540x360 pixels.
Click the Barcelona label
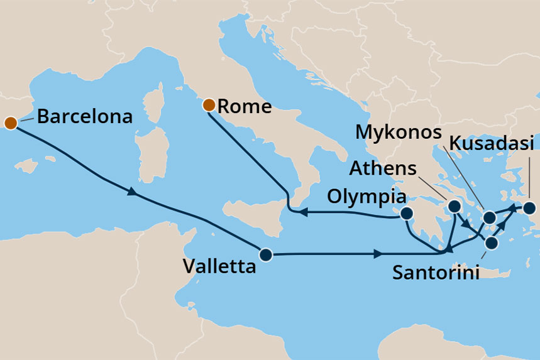pyautogui.click(x=85, y=116)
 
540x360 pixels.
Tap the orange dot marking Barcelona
pyautogui.click(x=10, y=122)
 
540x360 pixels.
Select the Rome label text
pyautogui.click(x=245, y=107)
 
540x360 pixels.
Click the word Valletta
pyautogui.click(x=219, y=266)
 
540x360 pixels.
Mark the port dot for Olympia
pyautogui.click(x=406, y=214)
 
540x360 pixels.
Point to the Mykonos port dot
pyautogui.click(x=490, y=219)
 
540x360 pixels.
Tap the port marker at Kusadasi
pyautogui.click(x=529, y=207)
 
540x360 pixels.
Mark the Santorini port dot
pyautogui.click(x=492, y=243)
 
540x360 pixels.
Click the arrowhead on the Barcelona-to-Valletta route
pyautogui.click(x=131, y=192)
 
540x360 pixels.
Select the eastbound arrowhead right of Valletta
pyautogui.click(x=377, y=254)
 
